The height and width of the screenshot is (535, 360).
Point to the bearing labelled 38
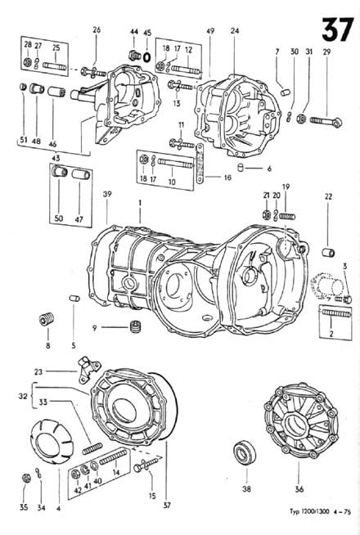coord(241,452)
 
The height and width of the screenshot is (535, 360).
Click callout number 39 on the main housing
coord(107,194)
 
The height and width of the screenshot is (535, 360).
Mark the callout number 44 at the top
coord(133,34)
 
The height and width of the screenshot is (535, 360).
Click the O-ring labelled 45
coord(146,57)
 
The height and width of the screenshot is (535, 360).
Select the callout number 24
coord(235,32)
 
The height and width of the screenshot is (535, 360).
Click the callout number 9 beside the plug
coord(95,327)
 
